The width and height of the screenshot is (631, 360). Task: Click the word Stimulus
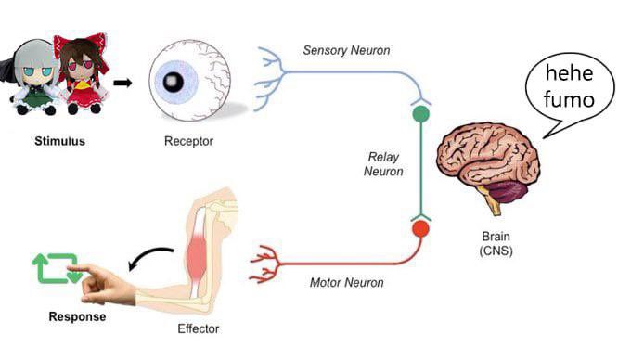pos(59,141)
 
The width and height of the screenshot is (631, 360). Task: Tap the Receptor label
pos(188,141)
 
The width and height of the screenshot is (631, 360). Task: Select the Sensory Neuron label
pos(346,50)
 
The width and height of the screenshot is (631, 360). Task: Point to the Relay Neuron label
pos(383,164)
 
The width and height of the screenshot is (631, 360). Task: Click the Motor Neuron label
pos(346,282)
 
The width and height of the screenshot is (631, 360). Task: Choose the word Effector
pos(199,328)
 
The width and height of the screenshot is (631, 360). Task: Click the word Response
pos(77,316)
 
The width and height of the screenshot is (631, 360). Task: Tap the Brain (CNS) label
pos(496,243)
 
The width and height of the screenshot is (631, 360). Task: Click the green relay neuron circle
pos(421,114)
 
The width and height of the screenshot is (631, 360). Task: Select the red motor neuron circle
pos(421,229)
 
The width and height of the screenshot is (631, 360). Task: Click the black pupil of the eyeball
pos(173,82)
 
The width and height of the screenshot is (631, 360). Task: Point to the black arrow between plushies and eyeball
pos(122,84)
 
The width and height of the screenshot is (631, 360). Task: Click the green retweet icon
pos(57,268)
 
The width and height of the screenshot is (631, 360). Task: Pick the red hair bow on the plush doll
pos(81,45)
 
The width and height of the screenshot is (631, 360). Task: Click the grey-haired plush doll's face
pos(37,72)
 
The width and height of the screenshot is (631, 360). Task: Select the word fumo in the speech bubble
pos(569,99)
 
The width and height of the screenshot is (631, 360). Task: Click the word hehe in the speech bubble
pos(569,72)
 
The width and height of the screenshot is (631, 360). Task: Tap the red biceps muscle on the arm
pos(197,256)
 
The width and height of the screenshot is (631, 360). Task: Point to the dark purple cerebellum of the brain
pos(507,191)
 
